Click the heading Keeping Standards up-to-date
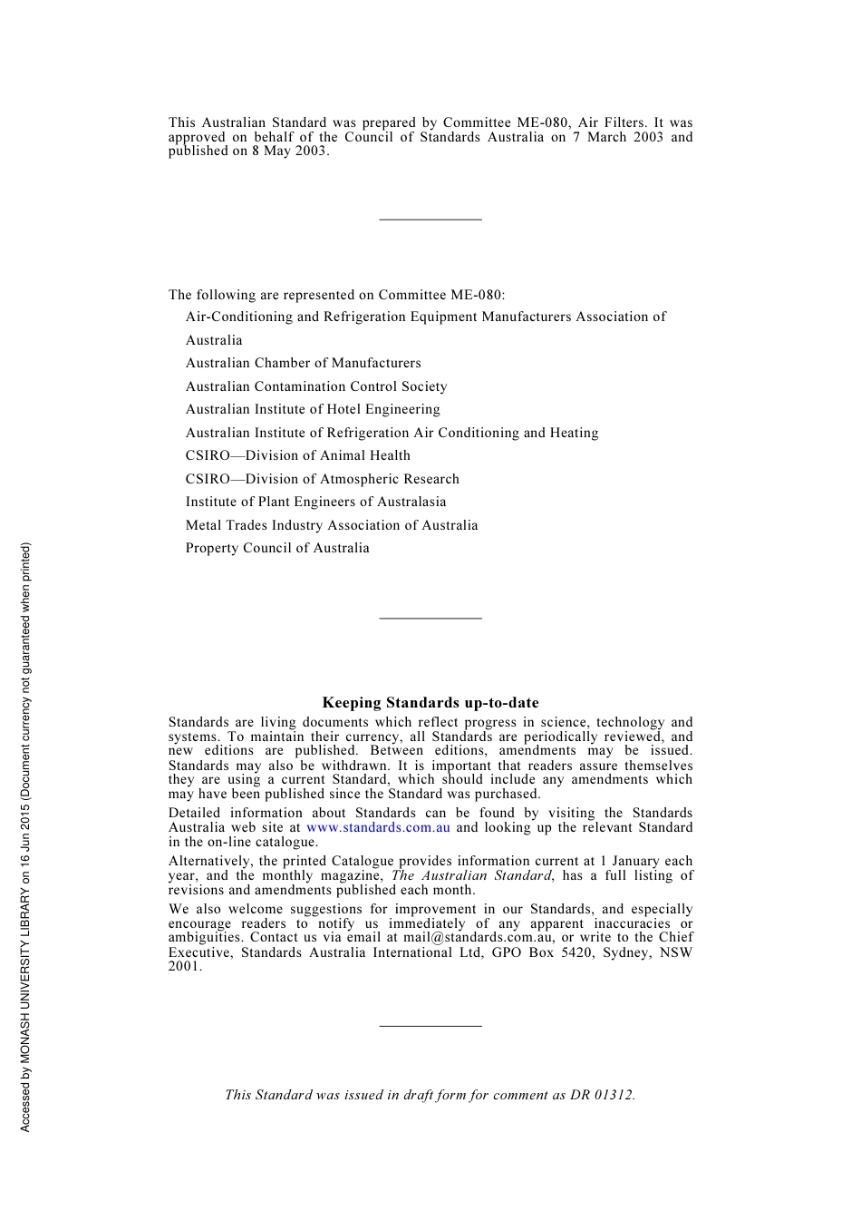point(430,703)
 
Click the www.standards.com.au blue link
point(378,827)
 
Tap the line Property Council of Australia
point(277,548)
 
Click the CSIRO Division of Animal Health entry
point(297,455)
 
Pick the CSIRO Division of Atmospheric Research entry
point(322,479)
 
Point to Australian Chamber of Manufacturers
point(303,363)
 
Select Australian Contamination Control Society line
point(316,386)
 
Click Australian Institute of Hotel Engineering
point(313,409)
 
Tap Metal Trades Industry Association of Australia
point(332,525)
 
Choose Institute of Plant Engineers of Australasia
point(315,502)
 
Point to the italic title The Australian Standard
point(471,875)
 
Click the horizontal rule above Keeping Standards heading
point(430,619)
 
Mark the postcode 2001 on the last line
point(184,966)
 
